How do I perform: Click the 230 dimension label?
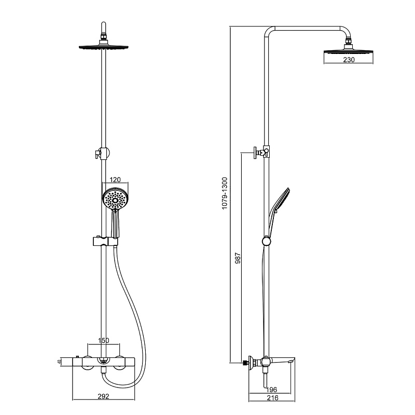click(x=349, y=60)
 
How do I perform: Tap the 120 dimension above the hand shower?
click(x=115, y=179)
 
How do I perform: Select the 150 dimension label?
click(x=103, y=340)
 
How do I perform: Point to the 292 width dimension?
click(x=103, y=396)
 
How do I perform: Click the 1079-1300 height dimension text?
click(x=225, y=193)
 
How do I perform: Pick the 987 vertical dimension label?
click(x=238, y=258)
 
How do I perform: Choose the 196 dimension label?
click(x=271, y=390)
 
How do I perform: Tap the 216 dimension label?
click(x=273, y=397)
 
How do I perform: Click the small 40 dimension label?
click(x=59, y=362)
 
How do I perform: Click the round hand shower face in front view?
click(x=115, y=200)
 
